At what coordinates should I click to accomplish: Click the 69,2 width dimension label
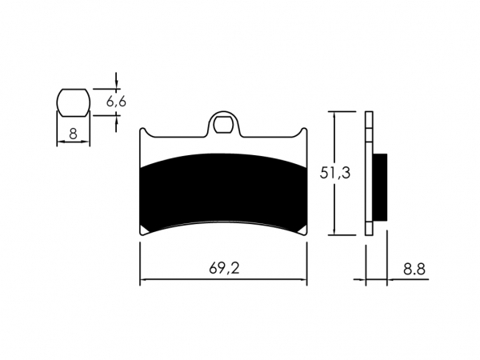pyautogui.click(x=224, y=268)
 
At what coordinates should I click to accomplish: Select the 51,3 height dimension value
pyautogui.click(x=335, y=173)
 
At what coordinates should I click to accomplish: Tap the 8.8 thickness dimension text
pyautogui.click(x=414, y=270)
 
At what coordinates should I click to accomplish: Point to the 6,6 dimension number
pyautogui.click(x=116, y=102)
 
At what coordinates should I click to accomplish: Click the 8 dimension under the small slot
pyautogui.click(x=73, y=134)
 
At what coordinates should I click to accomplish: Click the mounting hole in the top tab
pyautogui.click(x=223, y=125)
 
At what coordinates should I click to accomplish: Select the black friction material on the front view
pyautogui.click(x=223, y=193)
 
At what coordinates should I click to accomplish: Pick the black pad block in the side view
pyautogui.click(x=380, y=186)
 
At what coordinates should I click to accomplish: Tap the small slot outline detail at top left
pyautogui.click(x=74, y=102)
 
